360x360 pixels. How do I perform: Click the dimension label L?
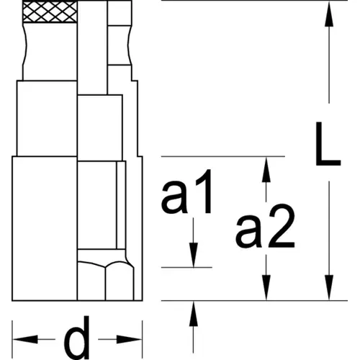tap(328, 144)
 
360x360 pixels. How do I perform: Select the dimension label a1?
tap(186, 192)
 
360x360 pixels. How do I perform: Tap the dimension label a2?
tap(265, 226)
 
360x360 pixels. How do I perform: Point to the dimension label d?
tap(77, 337)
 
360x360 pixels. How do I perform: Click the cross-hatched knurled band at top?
tap(50, 11)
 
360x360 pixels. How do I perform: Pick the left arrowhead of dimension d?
tap(25, 339)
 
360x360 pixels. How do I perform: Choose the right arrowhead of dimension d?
tap(129, 339)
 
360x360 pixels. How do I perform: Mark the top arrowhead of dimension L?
tap(329, 14)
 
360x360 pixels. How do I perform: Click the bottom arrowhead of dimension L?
tap(329, 287)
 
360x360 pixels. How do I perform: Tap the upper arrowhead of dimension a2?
tap(266, 169)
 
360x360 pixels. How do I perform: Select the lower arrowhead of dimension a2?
tap(266, 287)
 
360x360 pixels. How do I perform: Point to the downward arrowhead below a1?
tap(194, 255)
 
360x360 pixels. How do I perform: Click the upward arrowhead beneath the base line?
tap(194, 314)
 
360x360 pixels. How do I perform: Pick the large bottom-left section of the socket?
tap(45, 228)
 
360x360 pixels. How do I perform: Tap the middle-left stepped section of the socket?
tap(47, 118)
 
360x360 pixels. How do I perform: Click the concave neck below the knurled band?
tap(50, 51)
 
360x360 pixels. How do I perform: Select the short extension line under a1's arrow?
tap(186, 267)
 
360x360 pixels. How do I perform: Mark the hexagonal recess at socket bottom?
tap(106, 281)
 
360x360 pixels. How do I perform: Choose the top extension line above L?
tap(254, 1)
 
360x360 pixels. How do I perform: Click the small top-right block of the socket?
tap(120, 13)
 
